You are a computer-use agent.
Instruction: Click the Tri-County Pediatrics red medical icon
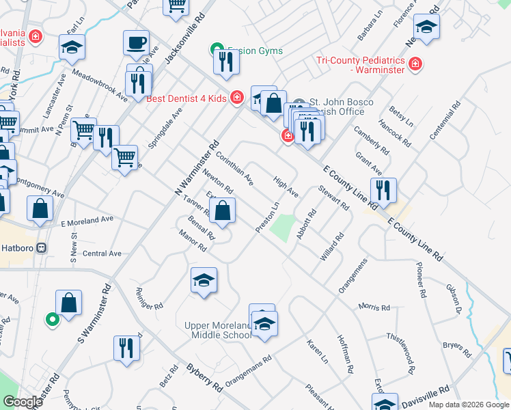[415, 65]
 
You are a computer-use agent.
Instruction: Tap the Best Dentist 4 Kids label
[186, 98]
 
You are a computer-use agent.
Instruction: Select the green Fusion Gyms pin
[217, 49]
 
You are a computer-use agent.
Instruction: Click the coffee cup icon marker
[136, 42]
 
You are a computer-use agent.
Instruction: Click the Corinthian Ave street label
[234, 168]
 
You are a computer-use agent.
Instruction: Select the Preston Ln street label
[268, 217]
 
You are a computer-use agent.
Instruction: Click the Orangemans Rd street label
[249, 369]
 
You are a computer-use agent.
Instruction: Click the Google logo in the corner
[23, 401]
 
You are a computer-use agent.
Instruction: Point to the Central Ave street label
[102, 254]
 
